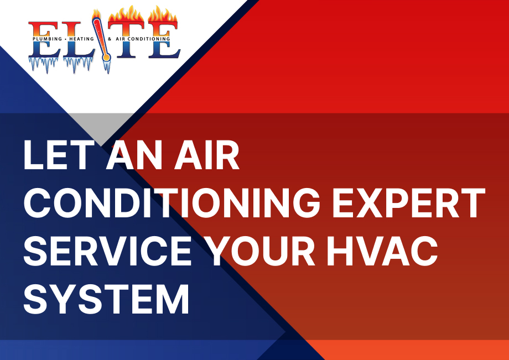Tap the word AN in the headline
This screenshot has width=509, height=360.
pos(134,155)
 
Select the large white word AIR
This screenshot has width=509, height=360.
pos(207,155)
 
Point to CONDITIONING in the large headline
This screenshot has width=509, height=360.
pos(172,203)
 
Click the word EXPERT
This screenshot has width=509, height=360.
pos(409,203)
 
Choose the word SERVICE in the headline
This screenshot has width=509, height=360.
pos(107,251)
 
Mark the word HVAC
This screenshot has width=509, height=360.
pos(382,251)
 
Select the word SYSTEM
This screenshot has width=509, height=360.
pos(106,299)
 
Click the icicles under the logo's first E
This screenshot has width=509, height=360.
pos(43,64)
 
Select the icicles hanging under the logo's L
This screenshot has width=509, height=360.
pos(78,64)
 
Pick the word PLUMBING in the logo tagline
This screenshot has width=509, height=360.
pos(47,39)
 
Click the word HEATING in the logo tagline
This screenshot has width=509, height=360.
pos(81,39)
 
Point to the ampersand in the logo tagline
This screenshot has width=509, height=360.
pos(110,39)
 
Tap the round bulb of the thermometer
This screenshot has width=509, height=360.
pos(106,58)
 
